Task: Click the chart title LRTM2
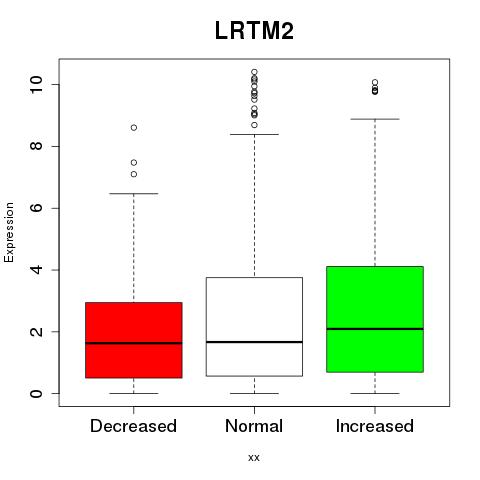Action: click(254, 31)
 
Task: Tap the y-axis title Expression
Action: click(9, 232)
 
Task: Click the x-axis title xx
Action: click(254, 457)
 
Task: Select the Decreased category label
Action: click(133, 426)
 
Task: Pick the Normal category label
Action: click(254, 426)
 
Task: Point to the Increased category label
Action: click(375, 426)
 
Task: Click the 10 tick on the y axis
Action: click(37, 84)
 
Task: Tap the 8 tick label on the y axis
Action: click(37, 146)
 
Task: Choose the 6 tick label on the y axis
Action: click(37, 208)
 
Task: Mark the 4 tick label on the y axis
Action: click(37, 270)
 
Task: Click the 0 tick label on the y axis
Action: click(37, 393)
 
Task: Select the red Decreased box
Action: click(134, 340)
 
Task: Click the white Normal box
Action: click(254, 327)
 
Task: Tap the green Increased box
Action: click(375, 319)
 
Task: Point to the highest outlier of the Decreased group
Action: click(134, 128)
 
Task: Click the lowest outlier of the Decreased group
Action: click(134, 174)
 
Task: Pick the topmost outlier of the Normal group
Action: click(254, 72)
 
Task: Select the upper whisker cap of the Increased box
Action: click(375, 119)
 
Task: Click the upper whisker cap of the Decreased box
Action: click(134, 193)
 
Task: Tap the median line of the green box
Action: click(375, 329)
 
